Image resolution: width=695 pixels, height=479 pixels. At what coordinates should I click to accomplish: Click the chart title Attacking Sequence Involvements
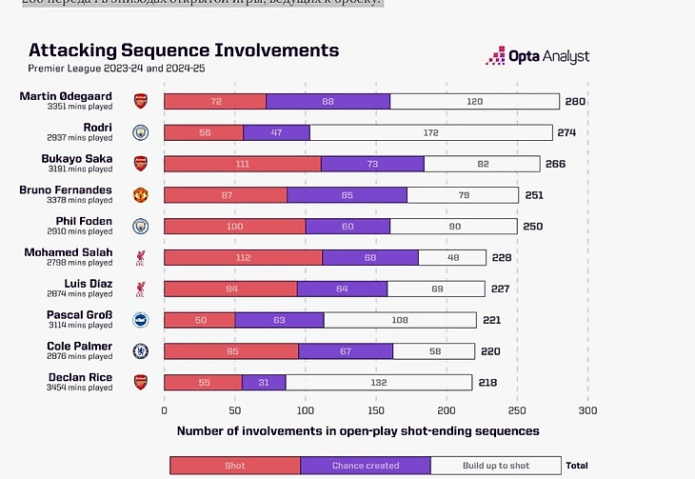pos(183,50)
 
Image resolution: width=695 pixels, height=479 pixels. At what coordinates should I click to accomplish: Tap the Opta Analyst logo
pos(537,57)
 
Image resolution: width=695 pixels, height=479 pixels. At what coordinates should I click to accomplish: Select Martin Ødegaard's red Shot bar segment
pos(215,101)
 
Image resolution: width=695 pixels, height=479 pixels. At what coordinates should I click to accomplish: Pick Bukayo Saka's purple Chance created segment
pos(372,164)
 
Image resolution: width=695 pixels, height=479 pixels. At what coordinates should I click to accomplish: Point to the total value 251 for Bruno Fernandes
pos(533,195)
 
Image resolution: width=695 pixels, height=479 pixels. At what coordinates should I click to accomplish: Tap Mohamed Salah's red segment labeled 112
pos(243,257)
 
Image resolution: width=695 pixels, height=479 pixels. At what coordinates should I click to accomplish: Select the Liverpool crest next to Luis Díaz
pos(141,289)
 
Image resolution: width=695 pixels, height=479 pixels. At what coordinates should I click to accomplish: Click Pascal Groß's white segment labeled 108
pos(400,320)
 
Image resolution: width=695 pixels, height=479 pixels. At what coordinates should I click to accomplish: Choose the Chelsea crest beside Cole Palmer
pos(141,350)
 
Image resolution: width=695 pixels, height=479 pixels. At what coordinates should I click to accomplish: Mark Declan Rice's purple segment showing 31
pos(264,382)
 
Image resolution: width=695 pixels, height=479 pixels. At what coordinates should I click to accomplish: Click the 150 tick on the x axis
pos(376,410)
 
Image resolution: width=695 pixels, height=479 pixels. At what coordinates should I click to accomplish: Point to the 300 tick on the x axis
pos(587,410)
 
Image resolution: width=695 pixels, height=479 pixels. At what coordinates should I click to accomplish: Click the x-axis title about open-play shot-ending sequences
pos(358,431)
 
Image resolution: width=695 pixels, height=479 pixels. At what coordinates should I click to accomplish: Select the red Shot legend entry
pos(235,466)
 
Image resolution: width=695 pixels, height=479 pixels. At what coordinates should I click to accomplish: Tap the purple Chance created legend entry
pos(366,466)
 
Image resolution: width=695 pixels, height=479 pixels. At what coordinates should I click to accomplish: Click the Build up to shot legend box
pos(495,466)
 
